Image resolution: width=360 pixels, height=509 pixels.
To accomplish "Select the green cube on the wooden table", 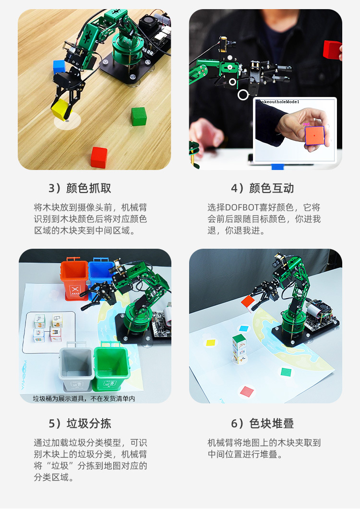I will [138, 116].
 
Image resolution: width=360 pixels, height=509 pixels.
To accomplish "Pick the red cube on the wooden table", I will [99, 157].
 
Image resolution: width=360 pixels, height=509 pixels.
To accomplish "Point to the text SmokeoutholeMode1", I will [277, 102].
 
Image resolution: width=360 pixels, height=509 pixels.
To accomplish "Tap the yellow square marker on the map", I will [210, 343].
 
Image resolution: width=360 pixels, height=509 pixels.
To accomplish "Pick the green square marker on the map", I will [286, 372].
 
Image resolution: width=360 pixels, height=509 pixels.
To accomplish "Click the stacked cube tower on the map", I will [239, 349].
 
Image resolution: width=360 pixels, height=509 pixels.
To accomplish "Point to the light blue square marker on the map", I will [244, 329].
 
